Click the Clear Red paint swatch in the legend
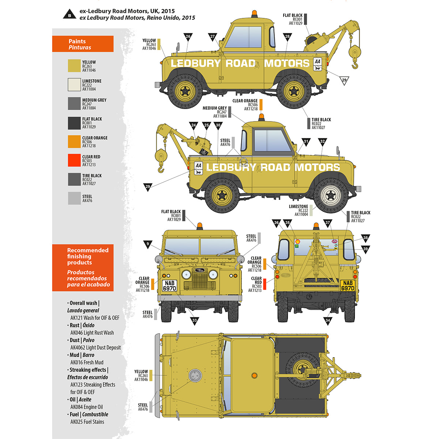pyautogui.click(x=74, y=160)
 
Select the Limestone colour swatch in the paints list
pyautogui.click(x=74, y=85)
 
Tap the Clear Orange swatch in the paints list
pyautogui.click(x=74, y=141)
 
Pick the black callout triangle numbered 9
pyautogui.click(x=148, y=244)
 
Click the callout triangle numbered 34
pyautogui.click(x=328, y=321)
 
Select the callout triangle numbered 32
pyautogui.click(x=322, y=142)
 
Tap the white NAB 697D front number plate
pyautogui.click(x=169, y=285)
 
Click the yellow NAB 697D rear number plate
pyautogui.click(x=348, y=285)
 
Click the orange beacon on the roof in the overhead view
pyautogui.click(x=254, y=375)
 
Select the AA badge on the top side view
pyautogui.click(x=318, y=65)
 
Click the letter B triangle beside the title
pyautogui.click(x=69, y=15)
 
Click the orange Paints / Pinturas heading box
pyautogui.click(x=83, y=44)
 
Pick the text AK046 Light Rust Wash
pyautogui.click(x=92, y=333)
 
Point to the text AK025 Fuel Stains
pyautogui.click(x=87, y=422)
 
